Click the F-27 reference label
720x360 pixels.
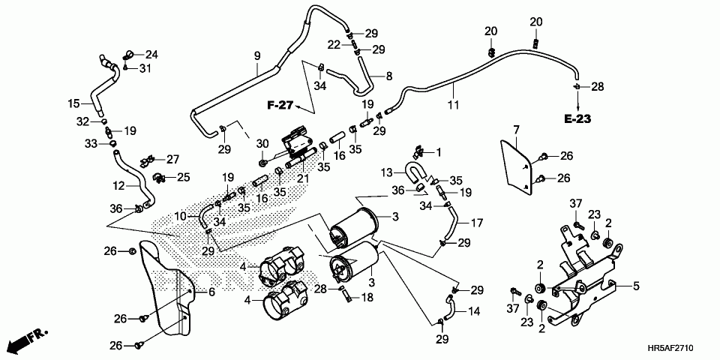(x=280, y=106)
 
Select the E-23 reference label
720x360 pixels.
(x=577, y=119)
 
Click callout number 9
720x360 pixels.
(x=257, y=56)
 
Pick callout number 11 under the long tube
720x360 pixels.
(x=453, y=105)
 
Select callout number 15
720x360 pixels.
(x=74, y=103)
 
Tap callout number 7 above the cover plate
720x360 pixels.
(x=516, y=129)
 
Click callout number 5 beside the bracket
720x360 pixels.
(x=636, y=286)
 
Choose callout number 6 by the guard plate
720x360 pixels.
(x=211, y=292)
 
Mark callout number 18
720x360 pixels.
(x=367, y=298)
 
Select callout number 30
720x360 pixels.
(x=262, y=144)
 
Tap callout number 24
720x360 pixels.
(x=151, y=55)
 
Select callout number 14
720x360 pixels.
(x=474, y=312)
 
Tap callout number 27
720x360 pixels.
(x=172, y=160)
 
